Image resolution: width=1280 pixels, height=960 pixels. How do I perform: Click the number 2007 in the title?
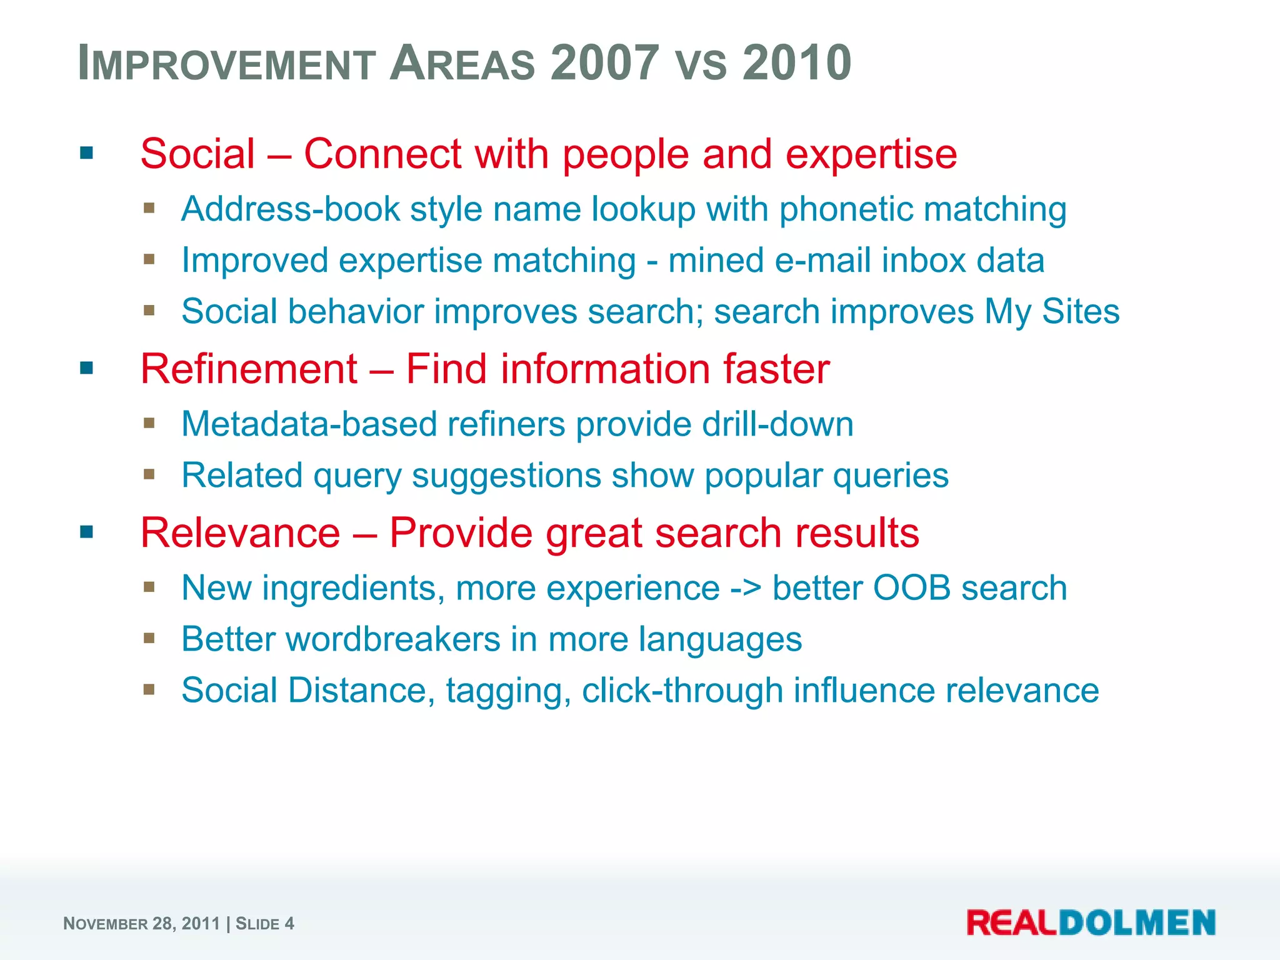604,62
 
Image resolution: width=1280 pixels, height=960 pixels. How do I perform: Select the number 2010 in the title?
797,62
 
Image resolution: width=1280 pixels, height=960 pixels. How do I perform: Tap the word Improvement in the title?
226,62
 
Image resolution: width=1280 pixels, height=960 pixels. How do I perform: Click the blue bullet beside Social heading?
87,153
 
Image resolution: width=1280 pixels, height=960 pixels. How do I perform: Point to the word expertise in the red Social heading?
871,154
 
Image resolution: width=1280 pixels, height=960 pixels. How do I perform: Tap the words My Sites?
1052,311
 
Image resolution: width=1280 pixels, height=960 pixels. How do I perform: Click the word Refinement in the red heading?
249,369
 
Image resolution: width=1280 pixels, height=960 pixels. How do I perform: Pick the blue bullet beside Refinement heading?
87,368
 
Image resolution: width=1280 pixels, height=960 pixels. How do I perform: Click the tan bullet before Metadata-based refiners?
149,423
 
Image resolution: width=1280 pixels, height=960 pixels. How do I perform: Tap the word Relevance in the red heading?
241,532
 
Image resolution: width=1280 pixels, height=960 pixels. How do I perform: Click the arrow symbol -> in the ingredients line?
746,588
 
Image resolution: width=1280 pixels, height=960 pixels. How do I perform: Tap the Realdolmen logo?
1091,922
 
